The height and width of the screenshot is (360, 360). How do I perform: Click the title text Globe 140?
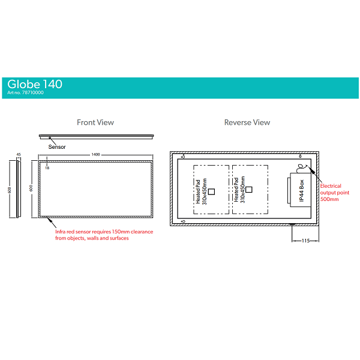(35, 84)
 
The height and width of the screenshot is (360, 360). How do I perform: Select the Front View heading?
(95, 122)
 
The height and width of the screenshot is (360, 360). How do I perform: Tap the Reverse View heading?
(247, 122)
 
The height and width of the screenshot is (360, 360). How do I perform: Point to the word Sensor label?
(57, 146)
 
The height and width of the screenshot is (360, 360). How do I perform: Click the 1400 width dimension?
(95, 155)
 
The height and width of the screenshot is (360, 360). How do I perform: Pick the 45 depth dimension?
(19, 155)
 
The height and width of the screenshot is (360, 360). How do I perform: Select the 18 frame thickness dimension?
(47, 168)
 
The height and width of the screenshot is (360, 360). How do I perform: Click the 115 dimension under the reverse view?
(305, 240)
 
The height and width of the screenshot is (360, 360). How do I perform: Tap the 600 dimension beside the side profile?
(10, 190)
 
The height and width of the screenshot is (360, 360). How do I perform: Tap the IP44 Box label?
(302, 190)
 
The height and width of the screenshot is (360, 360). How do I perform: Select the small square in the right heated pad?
(250, 190)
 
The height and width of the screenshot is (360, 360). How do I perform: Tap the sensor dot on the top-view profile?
(49, 138)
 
